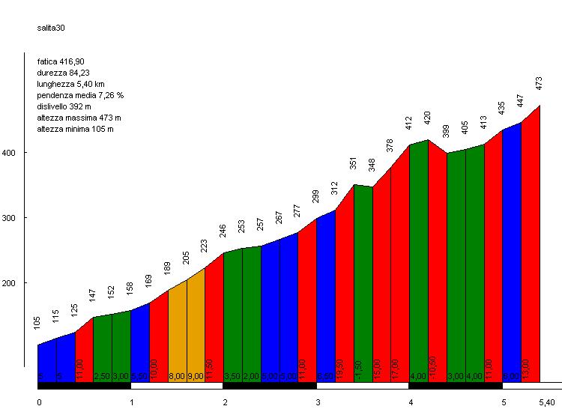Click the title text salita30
click(51, 28)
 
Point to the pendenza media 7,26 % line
click(79, 95)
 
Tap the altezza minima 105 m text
click(74, 129)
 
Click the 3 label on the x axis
click(318, 402)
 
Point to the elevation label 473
click(540, 84)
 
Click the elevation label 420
click(428, 118)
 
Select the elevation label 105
click(37, 323)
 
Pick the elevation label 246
click(223, 231)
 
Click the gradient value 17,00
click(396, 369)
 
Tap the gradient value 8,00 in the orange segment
click(177, 376)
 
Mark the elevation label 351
click(353, 163)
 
